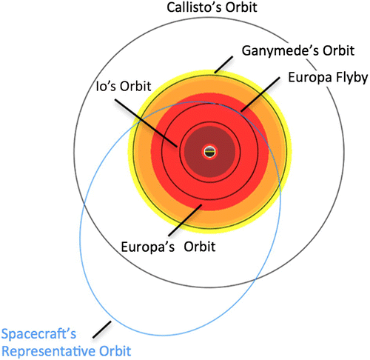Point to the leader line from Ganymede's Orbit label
pyautogui.click(x=226, y=63)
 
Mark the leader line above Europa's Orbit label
pyautogui.click(x=178, y=219)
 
